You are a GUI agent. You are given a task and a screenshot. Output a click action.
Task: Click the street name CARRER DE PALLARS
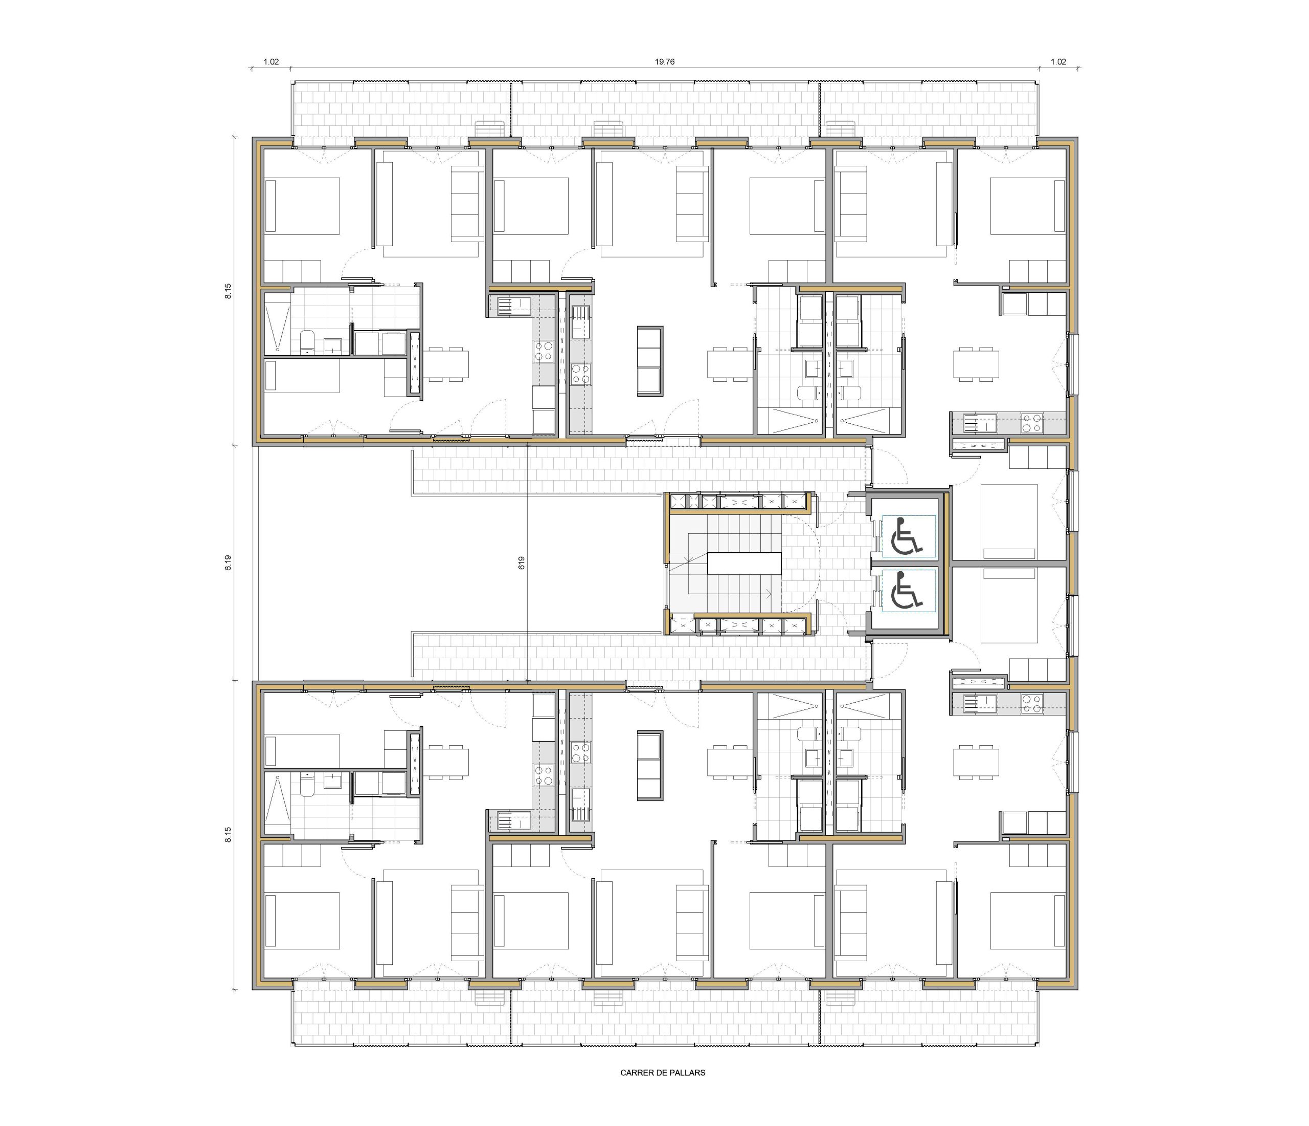click(663, 1073)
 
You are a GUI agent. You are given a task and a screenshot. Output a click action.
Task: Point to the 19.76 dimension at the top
click(665, 61)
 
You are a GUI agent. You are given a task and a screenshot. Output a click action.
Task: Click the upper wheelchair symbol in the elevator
click(907, 535)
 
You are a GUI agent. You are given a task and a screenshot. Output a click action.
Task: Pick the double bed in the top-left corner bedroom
click(302, 205)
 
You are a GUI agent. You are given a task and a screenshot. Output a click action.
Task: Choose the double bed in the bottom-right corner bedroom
click(1028, 920)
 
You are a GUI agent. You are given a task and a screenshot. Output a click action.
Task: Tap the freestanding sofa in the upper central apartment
click(650, 361)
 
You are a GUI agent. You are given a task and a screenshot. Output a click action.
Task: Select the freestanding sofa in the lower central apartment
click(650, 766)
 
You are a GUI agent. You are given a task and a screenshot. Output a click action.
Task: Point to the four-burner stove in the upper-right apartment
click(1032, 422)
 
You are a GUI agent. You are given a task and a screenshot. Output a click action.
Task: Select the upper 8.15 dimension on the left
click(228, 291)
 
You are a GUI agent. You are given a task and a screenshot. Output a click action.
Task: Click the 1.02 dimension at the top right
click(1058, 61)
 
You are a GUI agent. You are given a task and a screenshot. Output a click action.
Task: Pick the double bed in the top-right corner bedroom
click(1028, 205)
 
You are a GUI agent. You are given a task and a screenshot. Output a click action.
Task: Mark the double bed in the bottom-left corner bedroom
click(302, 920)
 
